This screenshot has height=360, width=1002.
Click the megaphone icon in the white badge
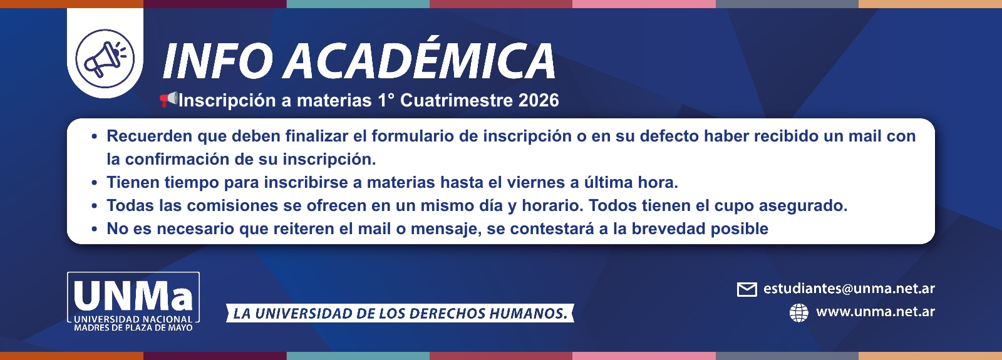[105, 58]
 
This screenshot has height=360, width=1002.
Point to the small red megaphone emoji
[168, 99]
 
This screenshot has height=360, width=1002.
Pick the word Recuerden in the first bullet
[149, 136]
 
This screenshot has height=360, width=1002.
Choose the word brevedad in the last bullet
[668, 229]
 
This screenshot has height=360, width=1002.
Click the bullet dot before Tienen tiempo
[94, 183]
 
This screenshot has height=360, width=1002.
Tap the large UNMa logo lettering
[133, 296]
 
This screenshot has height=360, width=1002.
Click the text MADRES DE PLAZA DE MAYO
[133, 327]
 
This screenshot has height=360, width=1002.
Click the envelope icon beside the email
[746, 289]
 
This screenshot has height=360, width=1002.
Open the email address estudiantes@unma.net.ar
[849, 289]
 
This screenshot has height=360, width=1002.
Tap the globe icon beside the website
[798, 312]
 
